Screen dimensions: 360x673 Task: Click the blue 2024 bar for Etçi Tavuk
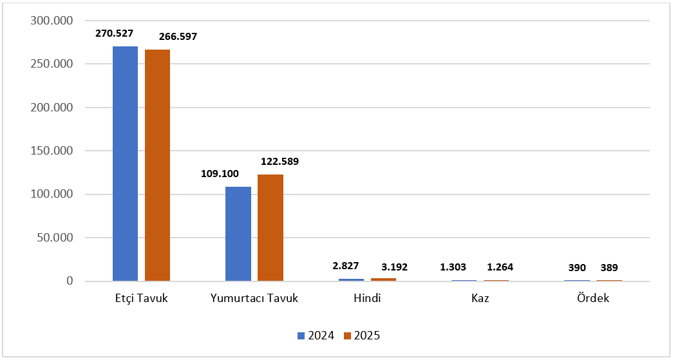125,164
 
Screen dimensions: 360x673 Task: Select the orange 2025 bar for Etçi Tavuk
157,165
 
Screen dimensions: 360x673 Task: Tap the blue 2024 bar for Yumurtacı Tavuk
238,234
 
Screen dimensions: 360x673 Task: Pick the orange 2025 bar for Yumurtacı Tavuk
270,228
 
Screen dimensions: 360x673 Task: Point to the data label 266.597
171,37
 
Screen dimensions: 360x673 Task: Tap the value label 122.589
279,161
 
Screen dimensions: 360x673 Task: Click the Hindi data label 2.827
346,265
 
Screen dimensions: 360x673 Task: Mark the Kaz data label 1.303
453,267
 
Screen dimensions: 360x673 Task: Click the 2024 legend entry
316,335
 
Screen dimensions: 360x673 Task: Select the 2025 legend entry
362,335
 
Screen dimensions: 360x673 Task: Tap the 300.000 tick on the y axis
52,21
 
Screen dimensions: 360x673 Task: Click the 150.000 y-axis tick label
52,151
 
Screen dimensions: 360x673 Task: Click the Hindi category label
367,299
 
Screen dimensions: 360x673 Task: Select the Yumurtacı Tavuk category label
254,299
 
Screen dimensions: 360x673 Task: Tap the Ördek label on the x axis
592,299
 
